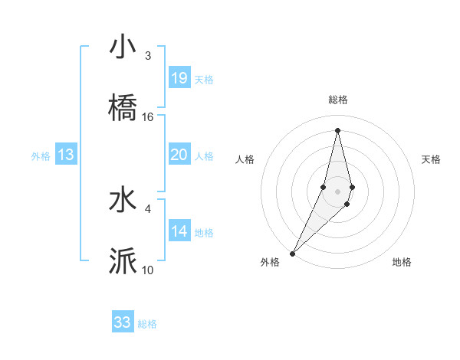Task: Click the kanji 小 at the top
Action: [123, 47]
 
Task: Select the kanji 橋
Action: [123, 108]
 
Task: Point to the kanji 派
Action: [123, 261]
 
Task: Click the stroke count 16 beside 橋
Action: [148, 117]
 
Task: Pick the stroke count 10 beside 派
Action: [148, 270]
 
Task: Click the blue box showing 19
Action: [179, 78]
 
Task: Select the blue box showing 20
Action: [179, 155]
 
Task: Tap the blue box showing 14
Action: [179, 231]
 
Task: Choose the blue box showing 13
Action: [66, 155]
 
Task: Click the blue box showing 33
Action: [123, 322]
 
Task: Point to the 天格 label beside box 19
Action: [204, 80]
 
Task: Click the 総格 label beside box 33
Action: [148, 324]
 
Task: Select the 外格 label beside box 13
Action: [41, 156]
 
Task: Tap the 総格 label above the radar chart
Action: [338, 100]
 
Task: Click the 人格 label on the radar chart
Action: [245, 159]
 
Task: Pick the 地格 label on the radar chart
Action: [402, 263]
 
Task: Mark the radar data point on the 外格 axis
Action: [293, 253]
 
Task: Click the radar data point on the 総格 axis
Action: [338, 130]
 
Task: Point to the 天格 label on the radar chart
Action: [432, 159]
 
